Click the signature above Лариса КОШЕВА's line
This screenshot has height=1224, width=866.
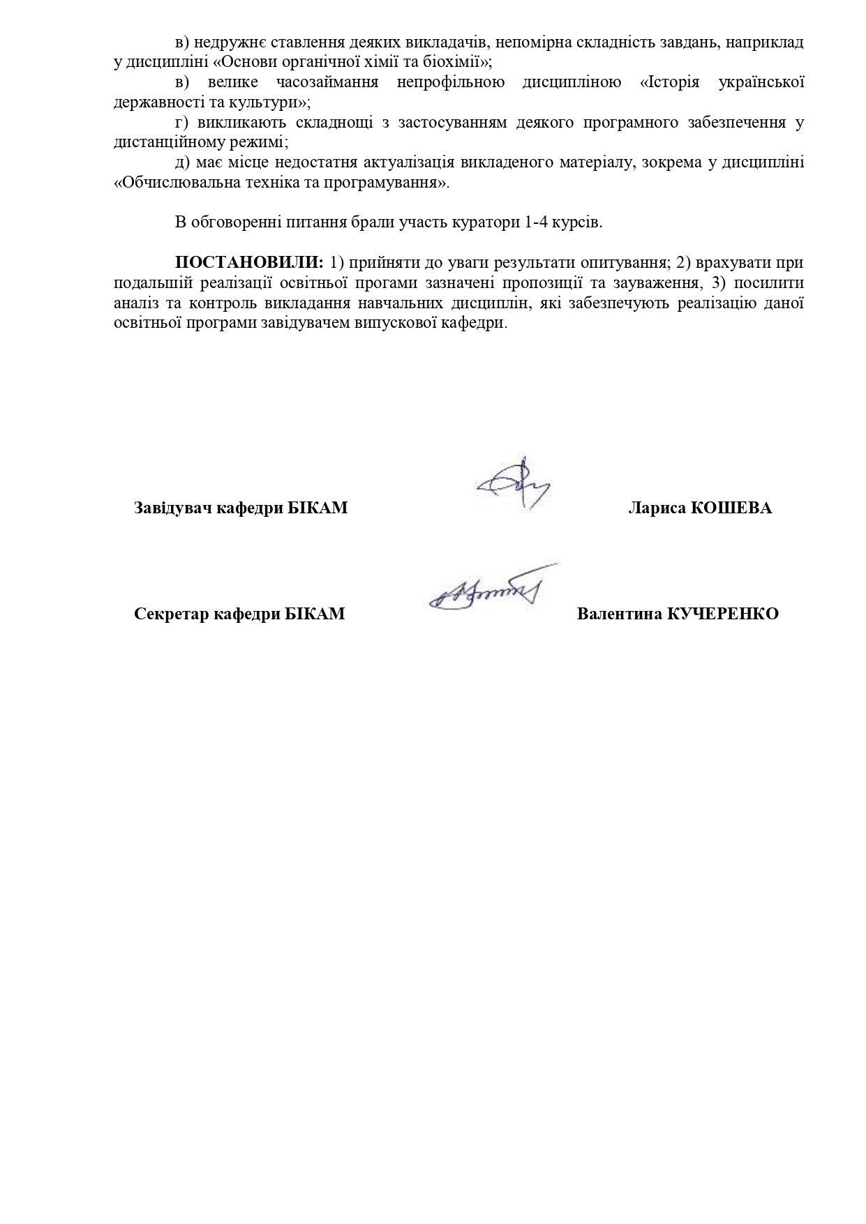tap(514, 483)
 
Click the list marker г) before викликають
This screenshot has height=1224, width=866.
tap(182, 123)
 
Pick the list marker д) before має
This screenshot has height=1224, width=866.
tap(182, 163)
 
